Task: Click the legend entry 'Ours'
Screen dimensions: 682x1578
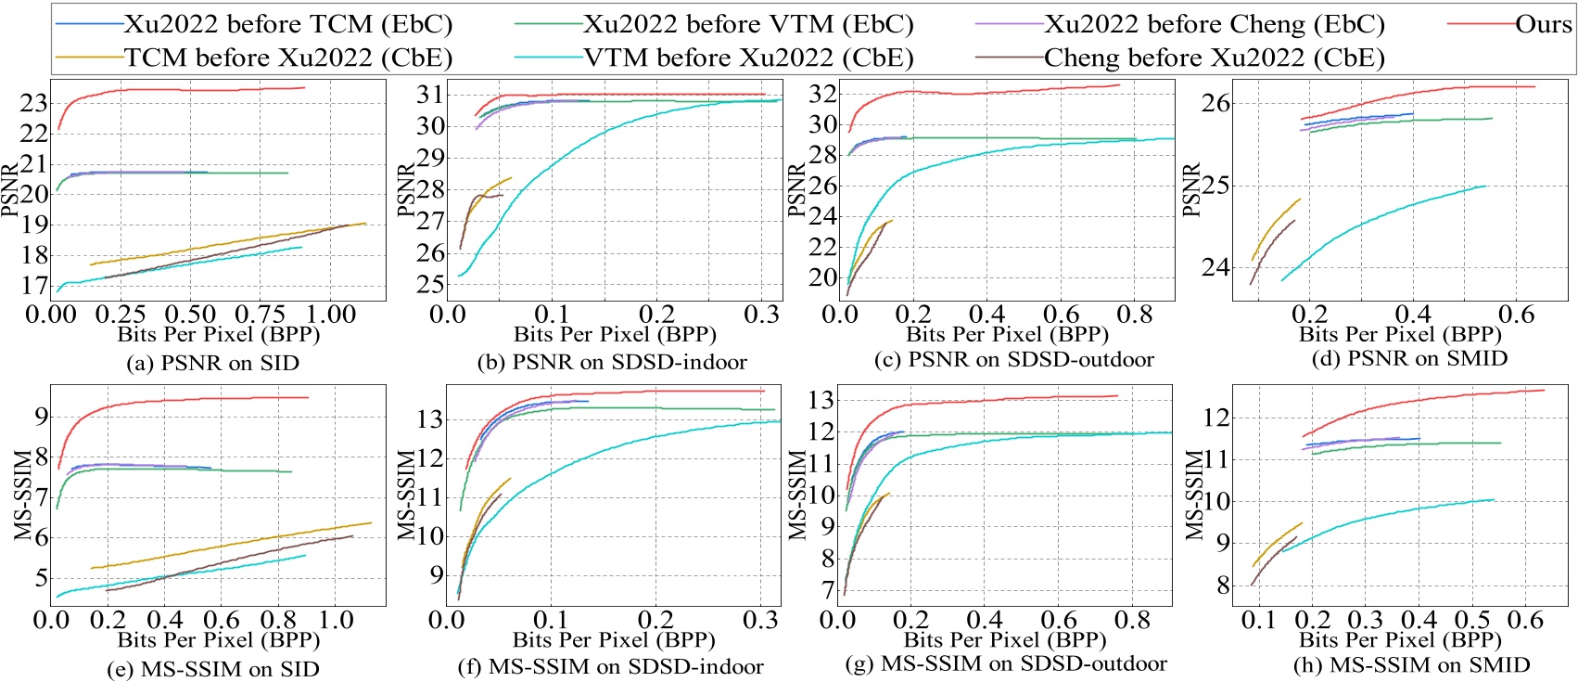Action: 1543,24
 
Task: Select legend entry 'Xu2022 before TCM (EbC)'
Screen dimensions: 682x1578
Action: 287,24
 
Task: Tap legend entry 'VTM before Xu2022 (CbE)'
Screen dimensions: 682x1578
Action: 748,58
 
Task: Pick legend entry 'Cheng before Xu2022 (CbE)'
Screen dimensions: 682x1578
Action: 1214,58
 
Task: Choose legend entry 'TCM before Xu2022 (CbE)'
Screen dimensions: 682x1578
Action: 287,58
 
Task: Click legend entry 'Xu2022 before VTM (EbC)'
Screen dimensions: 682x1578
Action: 748,24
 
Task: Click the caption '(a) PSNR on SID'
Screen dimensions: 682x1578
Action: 212,364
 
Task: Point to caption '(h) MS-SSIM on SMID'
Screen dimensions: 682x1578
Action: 1411,665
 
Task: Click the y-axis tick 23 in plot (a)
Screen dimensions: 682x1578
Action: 33,103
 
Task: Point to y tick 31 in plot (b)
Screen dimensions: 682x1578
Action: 429,94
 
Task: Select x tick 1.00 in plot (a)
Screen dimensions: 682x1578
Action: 330,314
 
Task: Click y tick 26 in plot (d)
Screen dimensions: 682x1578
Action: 1215,103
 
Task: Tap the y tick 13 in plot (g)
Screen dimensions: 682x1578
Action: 822,400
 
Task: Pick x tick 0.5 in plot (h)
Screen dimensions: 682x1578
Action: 1472,620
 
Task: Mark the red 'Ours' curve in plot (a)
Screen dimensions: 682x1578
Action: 185,90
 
